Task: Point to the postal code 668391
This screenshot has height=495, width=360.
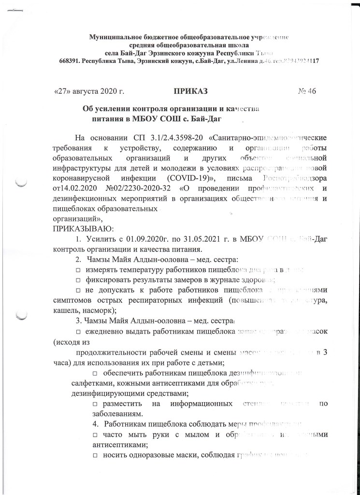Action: [x=69, y=61]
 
